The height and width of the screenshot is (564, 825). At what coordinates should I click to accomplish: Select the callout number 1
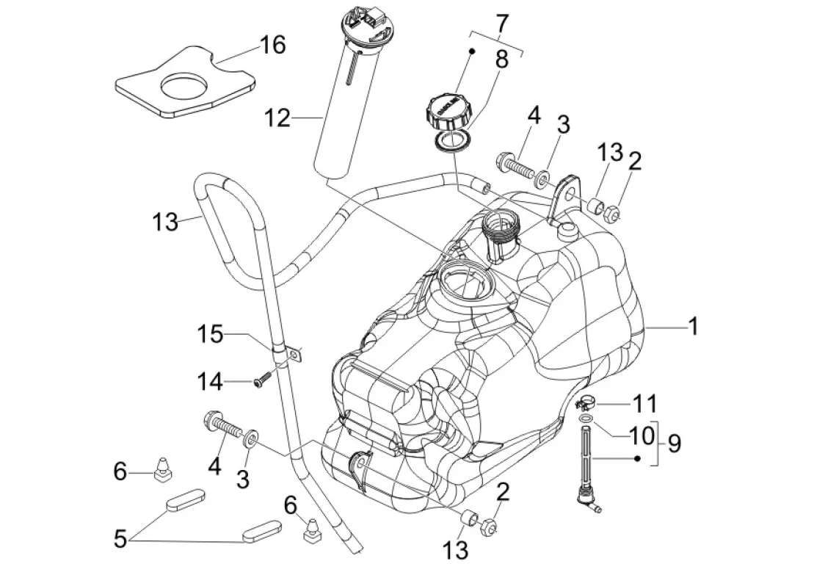click(x=692, y=326)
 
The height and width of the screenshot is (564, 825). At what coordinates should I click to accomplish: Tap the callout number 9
click(x=674, y=444)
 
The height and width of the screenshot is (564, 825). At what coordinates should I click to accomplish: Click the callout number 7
click(x=501, y=23)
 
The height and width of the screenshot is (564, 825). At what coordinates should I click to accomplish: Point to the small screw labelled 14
click(x=261, y=380)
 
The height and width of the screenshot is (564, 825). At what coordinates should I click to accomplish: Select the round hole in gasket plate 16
click(x=181, y=87)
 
